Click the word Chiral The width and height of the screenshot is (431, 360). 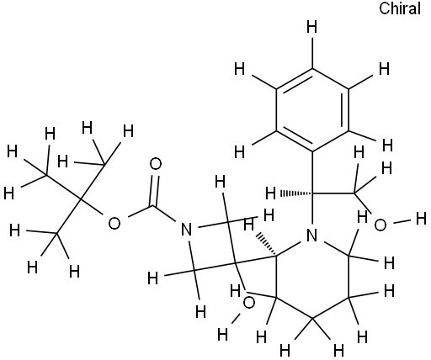click(400, 8)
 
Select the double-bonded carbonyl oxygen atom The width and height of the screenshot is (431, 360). click(156, 164)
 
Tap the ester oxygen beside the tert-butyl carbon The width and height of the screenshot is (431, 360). click(114, 224)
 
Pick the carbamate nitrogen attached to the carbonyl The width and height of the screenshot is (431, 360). click(186, 230)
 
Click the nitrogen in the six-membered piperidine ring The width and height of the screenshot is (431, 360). click(311, 235)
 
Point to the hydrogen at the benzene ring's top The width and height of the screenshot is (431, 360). click(312, 28)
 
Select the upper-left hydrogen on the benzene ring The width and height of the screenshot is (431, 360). click(240, 69)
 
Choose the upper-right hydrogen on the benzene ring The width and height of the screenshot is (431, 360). click(385, 69)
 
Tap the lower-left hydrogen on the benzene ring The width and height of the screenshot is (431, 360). click(240, 152)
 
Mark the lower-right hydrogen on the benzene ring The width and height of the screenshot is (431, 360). click(387, 146)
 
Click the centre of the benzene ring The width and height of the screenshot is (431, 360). click(312, 110)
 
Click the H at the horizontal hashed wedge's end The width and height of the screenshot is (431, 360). click(271, 193)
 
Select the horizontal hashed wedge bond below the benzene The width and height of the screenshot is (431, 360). click(295, 193)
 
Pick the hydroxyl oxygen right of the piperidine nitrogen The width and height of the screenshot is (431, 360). click(380, 225)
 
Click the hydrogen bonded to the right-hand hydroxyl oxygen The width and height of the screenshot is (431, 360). click(421, 219)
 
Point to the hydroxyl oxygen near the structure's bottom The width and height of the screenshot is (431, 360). click(248, 303)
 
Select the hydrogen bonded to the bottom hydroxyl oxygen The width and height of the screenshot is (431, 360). click(223, 334)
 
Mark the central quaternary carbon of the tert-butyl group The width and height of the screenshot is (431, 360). click(80, 199)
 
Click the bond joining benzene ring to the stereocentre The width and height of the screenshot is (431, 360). click(312, 172)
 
